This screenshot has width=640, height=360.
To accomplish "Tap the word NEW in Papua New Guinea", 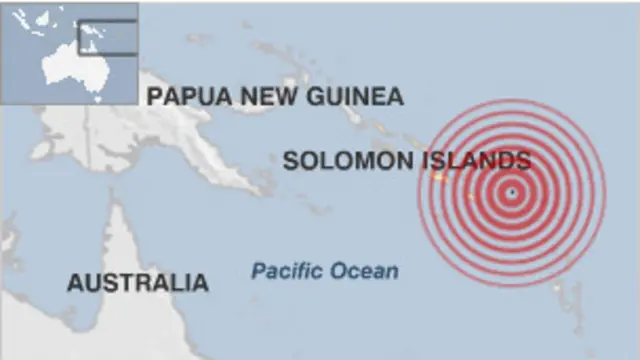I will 263,96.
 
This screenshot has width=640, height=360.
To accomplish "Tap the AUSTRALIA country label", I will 138,283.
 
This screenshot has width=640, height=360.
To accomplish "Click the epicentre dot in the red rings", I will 512,192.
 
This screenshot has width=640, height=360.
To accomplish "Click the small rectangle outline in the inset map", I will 107,37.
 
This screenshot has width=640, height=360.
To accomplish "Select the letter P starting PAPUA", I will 154,96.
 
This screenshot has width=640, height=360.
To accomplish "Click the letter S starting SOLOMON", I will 290,160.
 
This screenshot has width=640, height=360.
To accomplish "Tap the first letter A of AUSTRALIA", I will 74,283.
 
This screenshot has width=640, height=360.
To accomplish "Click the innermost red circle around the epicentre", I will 512,181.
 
